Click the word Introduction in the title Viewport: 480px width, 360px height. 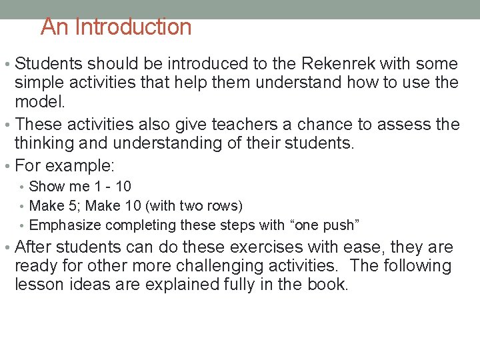(x=133, y=27)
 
